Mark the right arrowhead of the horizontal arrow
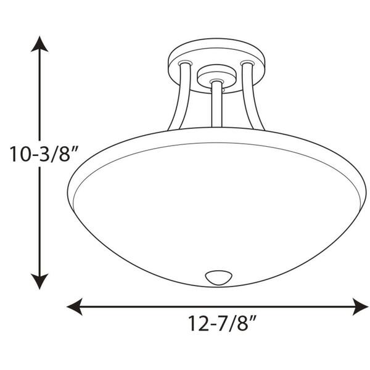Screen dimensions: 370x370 360,305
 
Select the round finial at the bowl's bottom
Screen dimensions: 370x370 216,277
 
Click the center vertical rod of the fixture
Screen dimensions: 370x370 216,108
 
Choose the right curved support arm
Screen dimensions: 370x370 253,99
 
